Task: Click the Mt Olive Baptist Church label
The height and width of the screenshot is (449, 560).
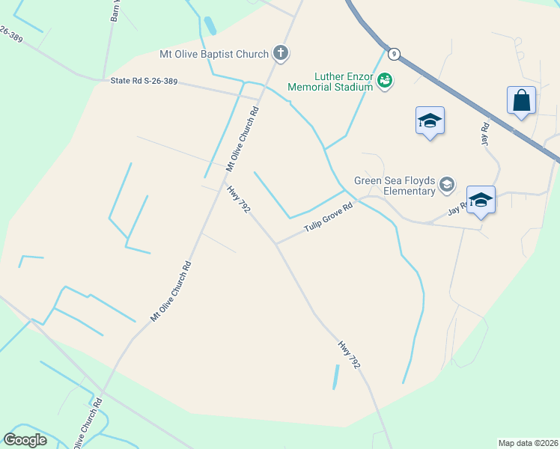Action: pos(214,54)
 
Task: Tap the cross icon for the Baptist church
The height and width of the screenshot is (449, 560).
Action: pos(281,52)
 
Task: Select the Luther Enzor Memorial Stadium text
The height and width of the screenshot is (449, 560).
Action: pos(330,82)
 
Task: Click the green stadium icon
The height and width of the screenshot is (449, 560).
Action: pos(385,80)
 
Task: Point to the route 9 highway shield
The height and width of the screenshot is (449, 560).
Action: pos(393,54)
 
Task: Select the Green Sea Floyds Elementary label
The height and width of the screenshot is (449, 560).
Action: pos(395,186)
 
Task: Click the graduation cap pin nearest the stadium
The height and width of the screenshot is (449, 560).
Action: pos(430,120)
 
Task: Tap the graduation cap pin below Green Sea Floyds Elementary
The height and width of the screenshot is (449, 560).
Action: pos(481,200)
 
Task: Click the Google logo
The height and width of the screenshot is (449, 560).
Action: pos(25,439)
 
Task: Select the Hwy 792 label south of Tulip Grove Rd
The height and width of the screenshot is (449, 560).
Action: pos(349,355)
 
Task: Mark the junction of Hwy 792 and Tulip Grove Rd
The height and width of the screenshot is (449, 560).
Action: pos(276,243)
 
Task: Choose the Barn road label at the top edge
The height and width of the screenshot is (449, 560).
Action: pos(115,9)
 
